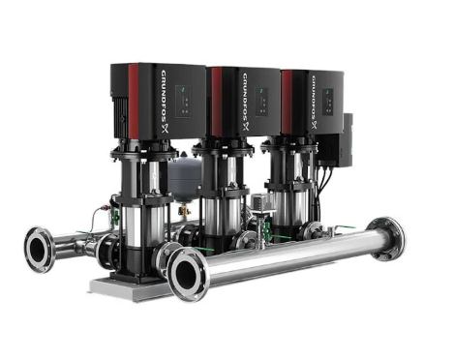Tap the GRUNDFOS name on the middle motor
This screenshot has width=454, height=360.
pos(246,103)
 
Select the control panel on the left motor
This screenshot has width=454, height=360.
pos(183,101)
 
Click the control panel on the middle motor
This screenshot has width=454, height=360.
pos(262,102)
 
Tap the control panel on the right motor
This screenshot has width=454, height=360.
pos(328,102)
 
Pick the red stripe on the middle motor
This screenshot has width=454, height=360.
pos(216,102)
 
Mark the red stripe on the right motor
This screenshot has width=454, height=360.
pos(287,103)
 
